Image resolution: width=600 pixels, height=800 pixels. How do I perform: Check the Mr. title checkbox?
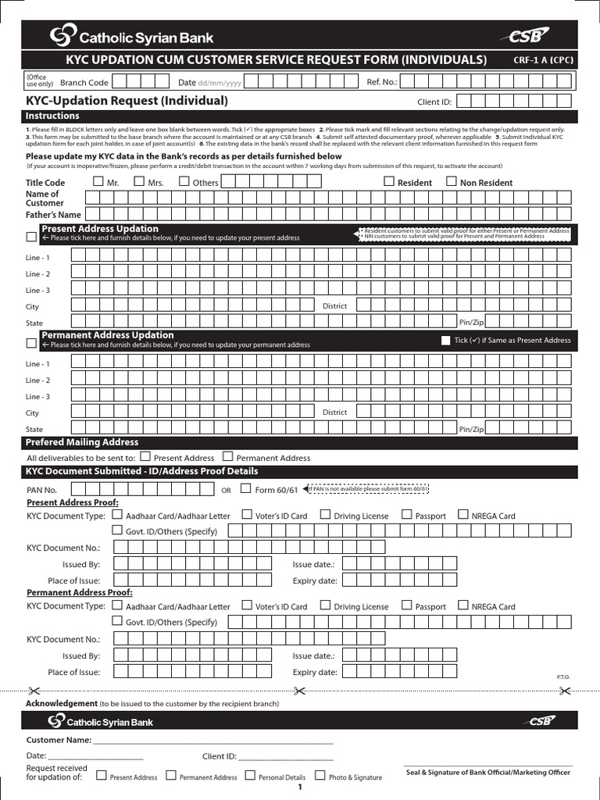(98, 181)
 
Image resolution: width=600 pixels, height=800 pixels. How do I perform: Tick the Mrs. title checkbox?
(139, 181)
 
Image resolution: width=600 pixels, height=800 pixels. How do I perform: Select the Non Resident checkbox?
(451, 181)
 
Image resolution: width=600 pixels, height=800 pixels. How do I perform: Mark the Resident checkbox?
(389, 181)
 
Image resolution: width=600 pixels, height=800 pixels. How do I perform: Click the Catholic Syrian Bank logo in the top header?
(131, 36)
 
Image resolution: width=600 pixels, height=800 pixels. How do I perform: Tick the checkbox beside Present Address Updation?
(31, 236)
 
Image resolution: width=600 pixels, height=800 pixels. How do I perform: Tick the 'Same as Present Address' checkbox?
(445, 340)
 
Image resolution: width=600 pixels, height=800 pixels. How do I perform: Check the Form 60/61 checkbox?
(246, 489)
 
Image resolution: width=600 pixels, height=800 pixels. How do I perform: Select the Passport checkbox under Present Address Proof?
(406, 515)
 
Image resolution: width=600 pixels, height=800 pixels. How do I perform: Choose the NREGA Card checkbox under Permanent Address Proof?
(463, 605)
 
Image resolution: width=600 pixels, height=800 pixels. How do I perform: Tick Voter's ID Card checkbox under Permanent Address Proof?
(246, 605)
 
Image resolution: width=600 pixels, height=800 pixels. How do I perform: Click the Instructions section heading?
(53, 116)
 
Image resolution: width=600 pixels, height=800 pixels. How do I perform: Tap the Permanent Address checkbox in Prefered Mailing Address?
(227, 456)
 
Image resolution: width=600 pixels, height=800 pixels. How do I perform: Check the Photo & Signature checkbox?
(320, 776)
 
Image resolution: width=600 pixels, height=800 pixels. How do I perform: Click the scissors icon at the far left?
(33, 690)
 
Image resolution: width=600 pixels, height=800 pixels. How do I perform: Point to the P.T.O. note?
(563, 676)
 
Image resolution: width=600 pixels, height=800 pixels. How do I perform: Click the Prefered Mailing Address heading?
(82, 442)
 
